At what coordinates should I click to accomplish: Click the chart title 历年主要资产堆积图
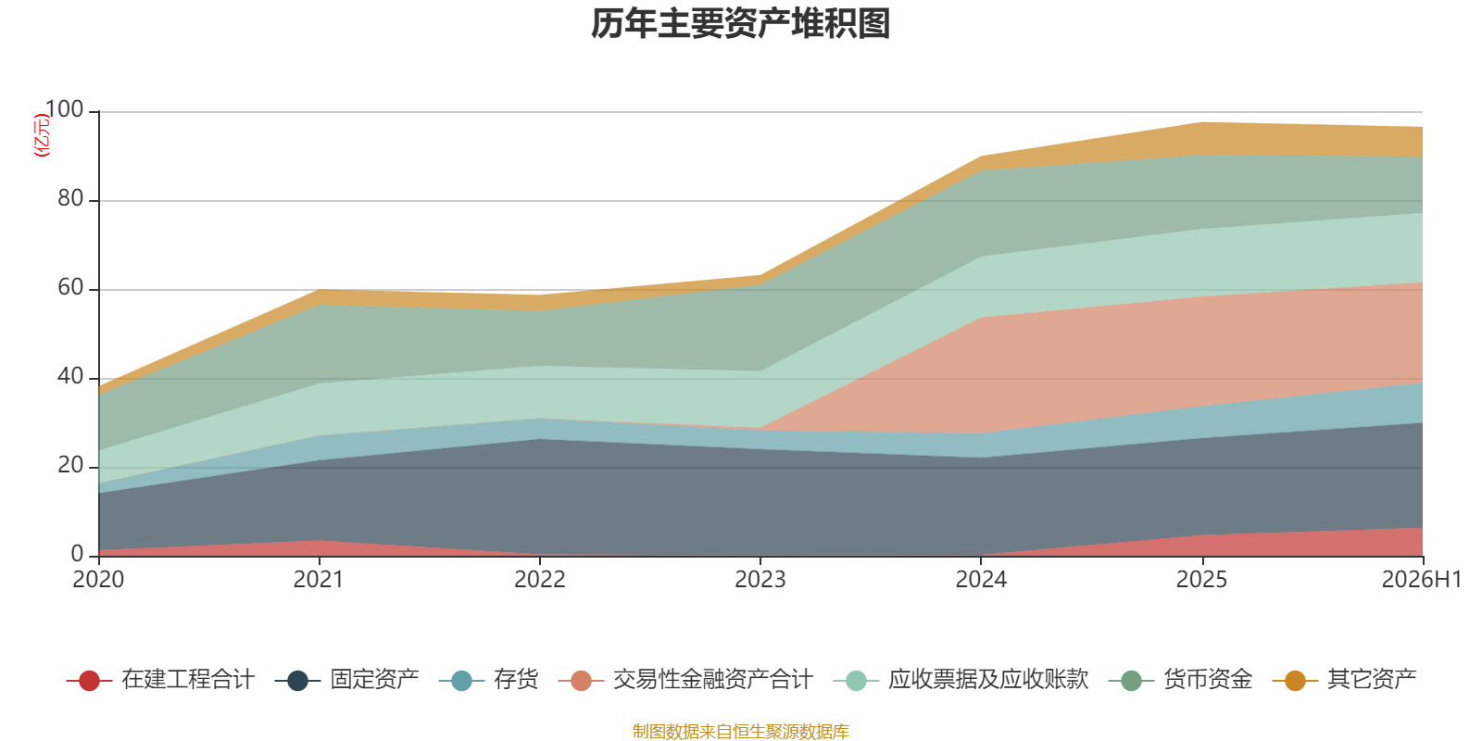tap(740, 24)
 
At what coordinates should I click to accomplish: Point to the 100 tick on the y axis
tap(64, 109)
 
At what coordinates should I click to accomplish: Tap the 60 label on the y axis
tap(70, 287)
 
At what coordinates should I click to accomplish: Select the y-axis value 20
tap(70, 465)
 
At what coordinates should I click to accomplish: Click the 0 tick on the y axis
tap(77, 554)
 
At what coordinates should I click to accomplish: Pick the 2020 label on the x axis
tap(98, 580)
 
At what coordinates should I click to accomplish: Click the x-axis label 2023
tap(760, 580)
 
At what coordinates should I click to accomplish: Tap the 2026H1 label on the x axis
tap(1422, 580)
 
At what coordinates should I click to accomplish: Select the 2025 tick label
tap(1201, 580)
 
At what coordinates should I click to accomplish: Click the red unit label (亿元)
tap(42, 135)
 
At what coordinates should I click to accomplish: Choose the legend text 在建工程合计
tap(188, 680)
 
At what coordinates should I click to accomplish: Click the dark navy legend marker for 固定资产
tap(297, 680)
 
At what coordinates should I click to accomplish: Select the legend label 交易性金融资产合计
tap(712, 680)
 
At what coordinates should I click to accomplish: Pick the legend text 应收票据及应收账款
tap(988, 680)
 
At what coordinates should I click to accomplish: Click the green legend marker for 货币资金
tap(1131, 680)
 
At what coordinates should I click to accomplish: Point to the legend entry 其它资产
tap(1344, 680)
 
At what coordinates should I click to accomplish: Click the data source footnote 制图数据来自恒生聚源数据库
tap(740, 731)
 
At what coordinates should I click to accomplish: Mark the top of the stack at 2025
tap(1201, 122)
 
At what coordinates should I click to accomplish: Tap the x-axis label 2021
tap(319, 580)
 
